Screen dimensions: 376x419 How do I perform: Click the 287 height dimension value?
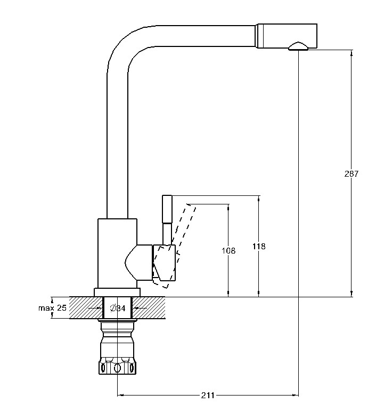352,173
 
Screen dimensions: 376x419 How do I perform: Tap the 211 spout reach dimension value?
208,395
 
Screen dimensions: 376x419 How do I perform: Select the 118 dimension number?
259,246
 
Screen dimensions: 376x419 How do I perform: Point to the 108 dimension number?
228,251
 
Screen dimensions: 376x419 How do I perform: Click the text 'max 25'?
52,308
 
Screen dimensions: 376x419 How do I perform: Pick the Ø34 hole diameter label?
118,308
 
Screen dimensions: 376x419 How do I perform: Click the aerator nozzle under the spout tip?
298,46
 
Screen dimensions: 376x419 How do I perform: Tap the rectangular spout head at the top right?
287,36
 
